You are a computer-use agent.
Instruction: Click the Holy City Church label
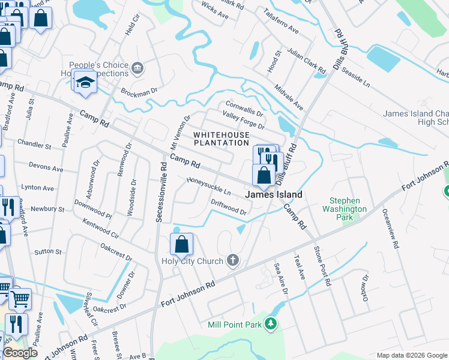(191, 260)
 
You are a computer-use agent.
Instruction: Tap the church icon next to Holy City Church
(233, 260)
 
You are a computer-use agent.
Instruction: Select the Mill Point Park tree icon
(271, 324)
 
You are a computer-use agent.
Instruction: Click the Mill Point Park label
(235, 325)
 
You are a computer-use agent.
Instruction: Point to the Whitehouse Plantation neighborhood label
(221, 139)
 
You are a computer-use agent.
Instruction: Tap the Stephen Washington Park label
(348, 209)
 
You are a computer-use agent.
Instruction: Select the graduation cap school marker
(85, 82)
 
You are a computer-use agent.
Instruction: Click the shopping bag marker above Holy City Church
(181, 245)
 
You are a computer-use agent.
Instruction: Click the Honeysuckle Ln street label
(209, 185)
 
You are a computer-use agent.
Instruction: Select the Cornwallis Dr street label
(244, 109)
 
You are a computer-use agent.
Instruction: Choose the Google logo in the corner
(20, 353)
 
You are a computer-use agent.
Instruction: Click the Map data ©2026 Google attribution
(412, 355)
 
